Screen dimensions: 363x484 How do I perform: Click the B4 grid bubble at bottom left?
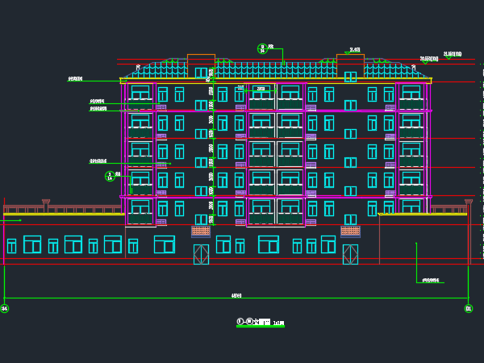[x=4, y=308]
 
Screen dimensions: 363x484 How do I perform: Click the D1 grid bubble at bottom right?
[x=469, y=308]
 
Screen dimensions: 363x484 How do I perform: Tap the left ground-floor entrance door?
[x=201, y=254]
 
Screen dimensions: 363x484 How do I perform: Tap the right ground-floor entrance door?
[x=350, y=254]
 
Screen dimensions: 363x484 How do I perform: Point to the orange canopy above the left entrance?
[x=201, y=232]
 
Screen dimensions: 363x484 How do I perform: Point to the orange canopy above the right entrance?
[x=350, y=232]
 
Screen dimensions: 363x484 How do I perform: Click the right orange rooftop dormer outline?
[x=350, y=61]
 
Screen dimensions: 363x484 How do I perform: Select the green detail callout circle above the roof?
[x=261, y=48]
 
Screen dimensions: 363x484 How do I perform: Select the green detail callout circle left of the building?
[x=110, y=175]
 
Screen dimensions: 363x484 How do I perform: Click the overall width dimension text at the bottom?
[x=236, y=295]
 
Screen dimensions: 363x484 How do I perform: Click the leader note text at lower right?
[x=432, y=281]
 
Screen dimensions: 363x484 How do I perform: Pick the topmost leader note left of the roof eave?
[x=76, y=79]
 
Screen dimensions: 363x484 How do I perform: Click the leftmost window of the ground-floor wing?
[x=11, y=245]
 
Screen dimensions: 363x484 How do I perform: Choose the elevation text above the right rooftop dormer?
[x=354, y=50]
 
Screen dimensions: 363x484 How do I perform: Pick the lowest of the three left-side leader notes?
[x=98, y=161]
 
